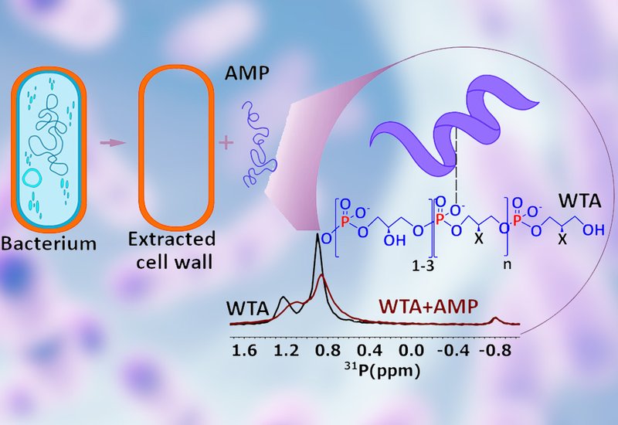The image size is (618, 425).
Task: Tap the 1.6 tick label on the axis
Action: click(245, 352)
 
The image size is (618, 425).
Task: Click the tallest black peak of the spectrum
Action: click(317, 241)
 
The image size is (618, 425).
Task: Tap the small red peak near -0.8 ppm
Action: click(497, 319)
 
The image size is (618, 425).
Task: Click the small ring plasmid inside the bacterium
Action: click(32, 178)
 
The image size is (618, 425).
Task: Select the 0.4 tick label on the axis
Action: click(371, 352)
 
